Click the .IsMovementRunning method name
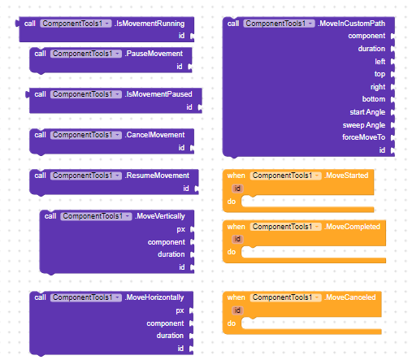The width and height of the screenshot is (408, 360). [150, 24]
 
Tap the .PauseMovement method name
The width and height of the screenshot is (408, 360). [154, 54]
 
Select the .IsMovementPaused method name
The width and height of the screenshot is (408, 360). [158, 94]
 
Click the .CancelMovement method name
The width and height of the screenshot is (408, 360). [154, 135]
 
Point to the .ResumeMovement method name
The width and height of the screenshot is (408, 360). [157, 176]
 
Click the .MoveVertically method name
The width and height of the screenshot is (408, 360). [160, 216]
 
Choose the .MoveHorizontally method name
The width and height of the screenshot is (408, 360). [154, 297]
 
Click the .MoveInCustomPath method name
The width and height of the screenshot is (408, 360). [351, 24]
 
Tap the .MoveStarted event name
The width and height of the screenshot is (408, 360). [346, 176]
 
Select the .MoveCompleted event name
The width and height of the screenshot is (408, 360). [352, 227]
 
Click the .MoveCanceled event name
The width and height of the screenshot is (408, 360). [350, 297]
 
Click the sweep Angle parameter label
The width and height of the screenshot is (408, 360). [364, 125]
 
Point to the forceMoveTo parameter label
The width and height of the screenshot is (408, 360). [363, 137]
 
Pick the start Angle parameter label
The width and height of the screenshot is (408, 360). [367, 112]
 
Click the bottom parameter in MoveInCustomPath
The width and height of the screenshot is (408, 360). [374, 99]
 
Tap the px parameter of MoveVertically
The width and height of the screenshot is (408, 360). [180, 230]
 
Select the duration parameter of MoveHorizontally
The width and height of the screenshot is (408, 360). [170, 336]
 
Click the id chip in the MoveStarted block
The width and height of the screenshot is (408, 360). [237, 189]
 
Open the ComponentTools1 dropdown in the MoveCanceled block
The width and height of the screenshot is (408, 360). [286, 297]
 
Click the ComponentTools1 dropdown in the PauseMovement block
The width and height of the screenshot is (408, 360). [86, 54]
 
